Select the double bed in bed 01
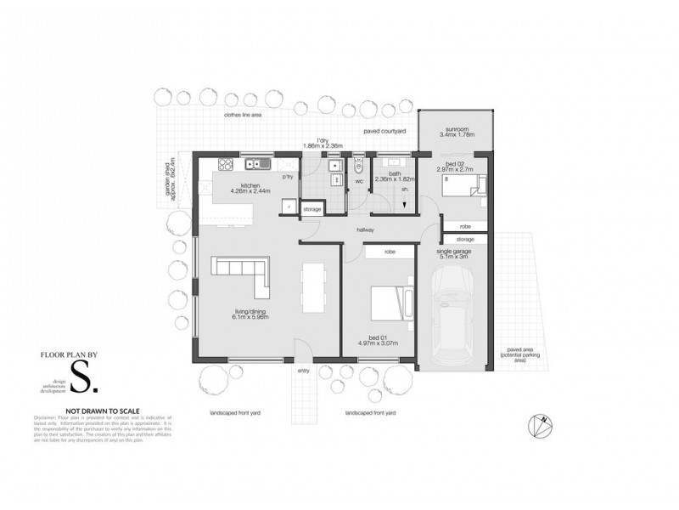pyautogui.click(x=387, y=302)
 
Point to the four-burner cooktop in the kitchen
pyautogui.click(x=227, y=164)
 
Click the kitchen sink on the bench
pyautogui.click(x=255, y=164)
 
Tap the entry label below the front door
pyautogui.click(x=303, y=371)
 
